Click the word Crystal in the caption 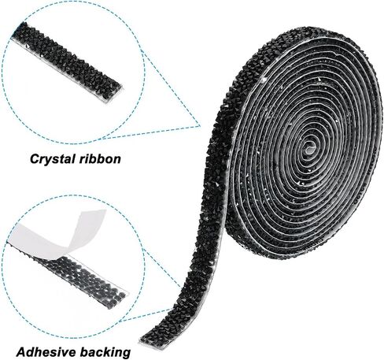(x=50, y=159)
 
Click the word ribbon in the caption (x=98, y=159)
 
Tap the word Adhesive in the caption (x=46, y=352)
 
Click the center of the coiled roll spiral (x=309, y=147)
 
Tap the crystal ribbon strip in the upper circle (x=67, y=63)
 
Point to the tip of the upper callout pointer (x=200, y=126)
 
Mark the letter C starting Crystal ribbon (x=35, y=159)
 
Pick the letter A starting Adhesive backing (x=22, y=352)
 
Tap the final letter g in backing (x=127, y=354)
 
